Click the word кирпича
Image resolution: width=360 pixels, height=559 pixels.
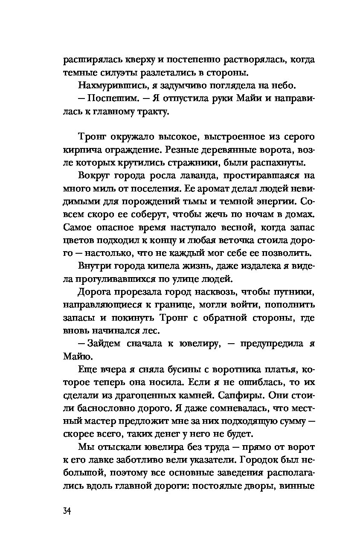click(81, 151)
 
